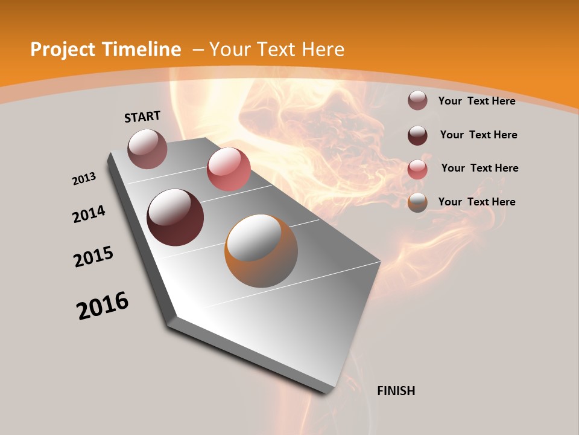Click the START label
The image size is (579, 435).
pyautogui.click(x=142, y=117)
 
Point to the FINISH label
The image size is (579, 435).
pyautogui.click(x=396, y=391)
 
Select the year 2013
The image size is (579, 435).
pyautogui.click(x=84, y=179)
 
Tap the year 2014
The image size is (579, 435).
pyautogui.click(x=89, y=214)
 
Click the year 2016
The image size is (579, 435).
pyautogui.click(x=103, y=306)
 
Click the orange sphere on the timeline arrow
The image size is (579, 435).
pyautogui.click(x=261, y=251)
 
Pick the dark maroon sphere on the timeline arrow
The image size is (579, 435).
pyautogui.click(x=175, y=217)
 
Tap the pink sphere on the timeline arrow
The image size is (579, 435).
pyautogui.click(x=229, y=169)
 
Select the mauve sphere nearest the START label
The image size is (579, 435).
pyautogui.click(x=147, y=149)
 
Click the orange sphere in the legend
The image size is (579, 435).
pyautogui.click(x=417, y=202)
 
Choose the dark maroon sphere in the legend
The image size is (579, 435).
pyautogui.click(x=417, y=135)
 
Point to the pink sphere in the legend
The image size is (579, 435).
pyautogui.click(x=417, y=169)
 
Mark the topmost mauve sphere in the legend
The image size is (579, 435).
pyautogui.click(x=417, y=100)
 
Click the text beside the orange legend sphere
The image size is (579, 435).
pyautogui.click(x=476, y=202)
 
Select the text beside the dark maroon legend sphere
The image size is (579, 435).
pyautogui.click(x=478, y=135)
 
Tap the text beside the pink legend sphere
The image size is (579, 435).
pyautogui.click(x=479, y=168)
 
